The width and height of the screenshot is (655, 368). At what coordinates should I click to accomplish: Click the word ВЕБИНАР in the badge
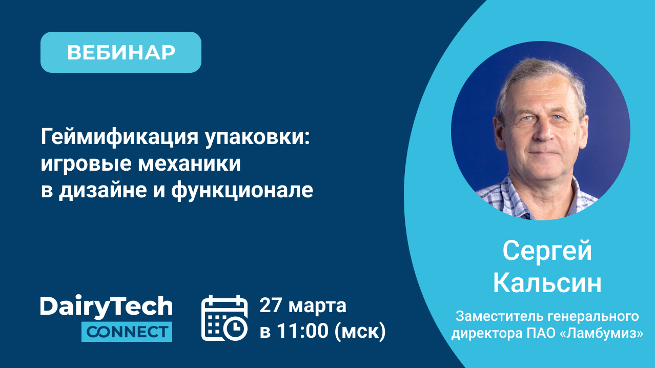click(121, 53)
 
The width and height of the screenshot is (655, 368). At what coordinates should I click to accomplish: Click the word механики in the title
click(189, 164)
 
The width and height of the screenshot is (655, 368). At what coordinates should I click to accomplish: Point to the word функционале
click(242, 191)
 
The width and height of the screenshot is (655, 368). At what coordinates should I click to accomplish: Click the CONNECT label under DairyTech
click(127, 332)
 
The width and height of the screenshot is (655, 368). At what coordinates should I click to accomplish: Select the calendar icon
click(224, 318)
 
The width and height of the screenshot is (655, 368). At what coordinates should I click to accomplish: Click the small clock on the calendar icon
click(235, 328)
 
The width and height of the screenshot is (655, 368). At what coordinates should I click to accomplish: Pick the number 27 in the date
click(271, 305)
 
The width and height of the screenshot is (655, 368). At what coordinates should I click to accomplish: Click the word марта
click(317, 306)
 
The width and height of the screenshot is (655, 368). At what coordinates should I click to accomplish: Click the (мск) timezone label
click(360, 332)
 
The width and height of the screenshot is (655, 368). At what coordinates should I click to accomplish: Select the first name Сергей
click(547, 252)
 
